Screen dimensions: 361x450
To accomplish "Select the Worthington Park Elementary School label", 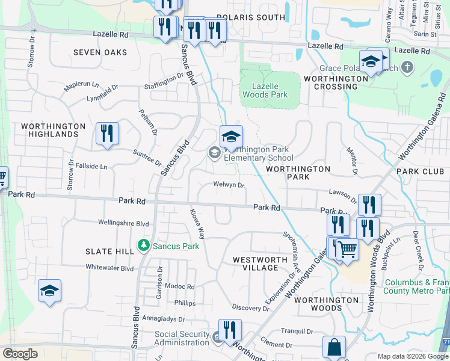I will pyautogui.click(x=258, y=154).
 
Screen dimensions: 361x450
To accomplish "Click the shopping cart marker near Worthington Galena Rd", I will pyautogui.click(x=347, y=249).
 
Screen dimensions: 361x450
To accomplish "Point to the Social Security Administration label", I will pyautogui.click(x=182, y=338).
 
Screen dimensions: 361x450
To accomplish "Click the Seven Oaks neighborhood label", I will pyautogui.click(x=100, y=52).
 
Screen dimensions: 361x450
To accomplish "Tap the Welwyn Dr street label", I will pyautogui.click(x=229, y=185).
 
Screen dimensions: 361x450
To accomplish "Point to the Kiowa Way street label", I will pyautogui.click(x=197, y=224).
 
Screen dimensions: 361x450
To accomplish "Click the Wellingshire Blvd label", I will pyautogui.click(x=123, y=223).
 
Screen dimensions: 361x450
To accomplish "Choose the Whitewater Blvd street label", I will pyautogui.click(x=109, y=268).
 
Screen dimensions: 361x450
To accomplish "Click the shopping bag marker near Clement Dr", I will pyautogui.click(x=334, y=347).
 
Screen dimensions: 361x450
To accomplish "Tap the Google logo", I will pyautogui.click(x=20, y=354).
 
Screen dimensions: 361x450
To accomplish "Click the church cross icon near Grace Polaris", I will pyautogui.click(x=407, y=66).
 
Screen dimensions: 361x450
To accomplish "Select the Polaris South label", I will pyautogui.click(x=250, y=17).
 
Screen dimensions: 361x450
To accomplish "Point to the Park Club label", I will pyautogui.click(x=419, y=171).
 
